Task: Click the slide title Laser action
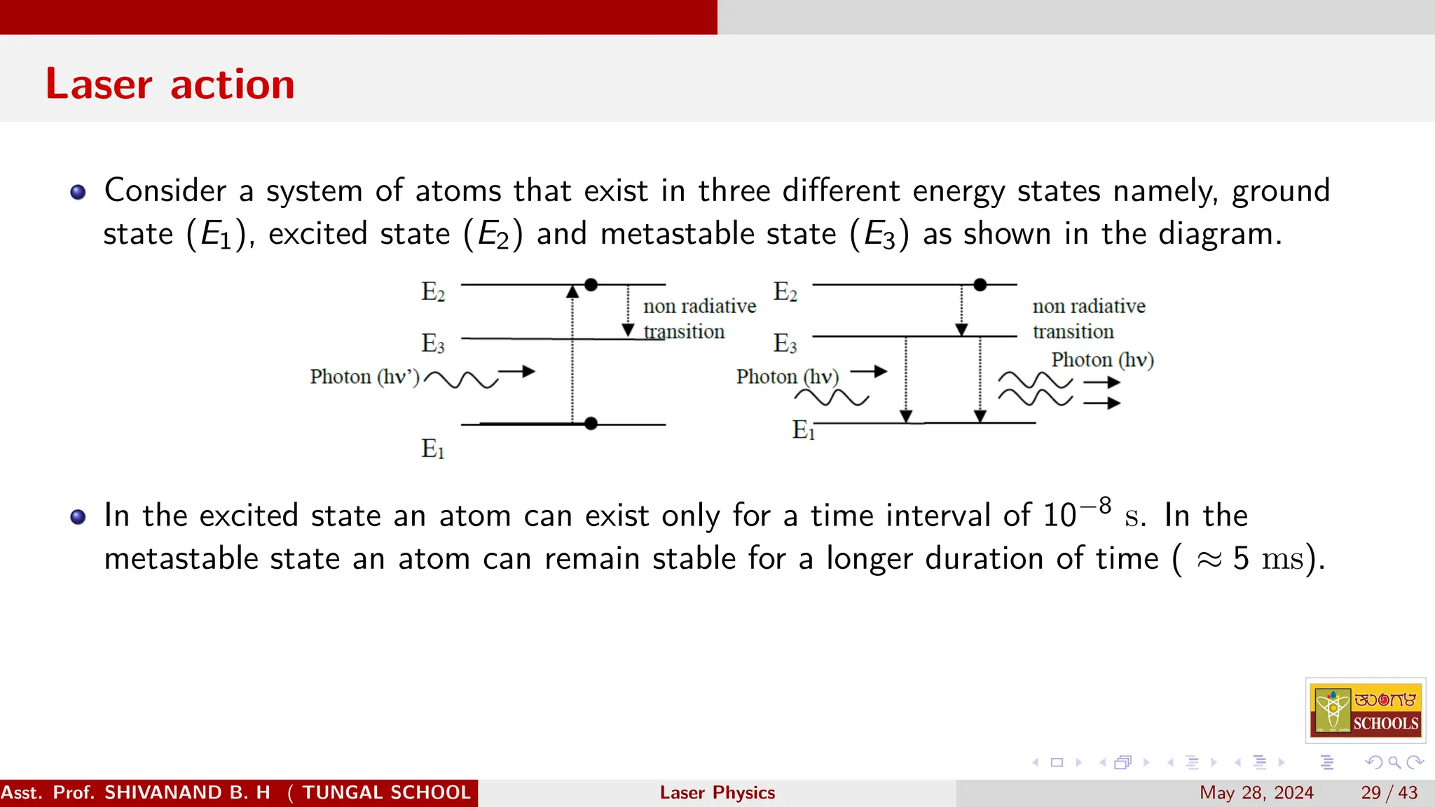tap(170, 84)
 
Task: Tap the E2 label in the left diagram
tap(432, 291)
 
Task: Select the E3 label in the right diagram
tap(785, 343)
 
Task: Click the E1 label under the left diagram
tap(432, 448)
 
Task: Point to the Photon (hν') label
tap(364, 377)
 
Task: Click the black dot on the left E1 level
tap(591, 423)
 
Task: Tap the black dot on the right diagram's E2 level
tap(980, 284)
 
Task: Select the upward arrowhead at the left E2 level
tap(572, 291)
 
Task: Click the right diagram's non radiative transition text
tap(1088, 318)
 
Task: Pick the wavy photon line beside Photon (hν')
tap(460, 380)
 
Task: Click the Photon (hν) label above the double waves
tap(1102, 360)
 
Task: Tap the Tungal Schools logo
tap(1366, 710)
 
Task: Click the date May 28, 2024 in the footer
tap(1256, 792)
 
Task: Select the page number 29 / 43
tap(1389, 792)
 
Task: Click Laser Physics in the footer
tap(717, 792)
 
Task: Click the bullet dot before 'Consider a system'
tap(78, 192)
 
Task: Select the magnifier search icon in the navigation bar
tap(1394, 762)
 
